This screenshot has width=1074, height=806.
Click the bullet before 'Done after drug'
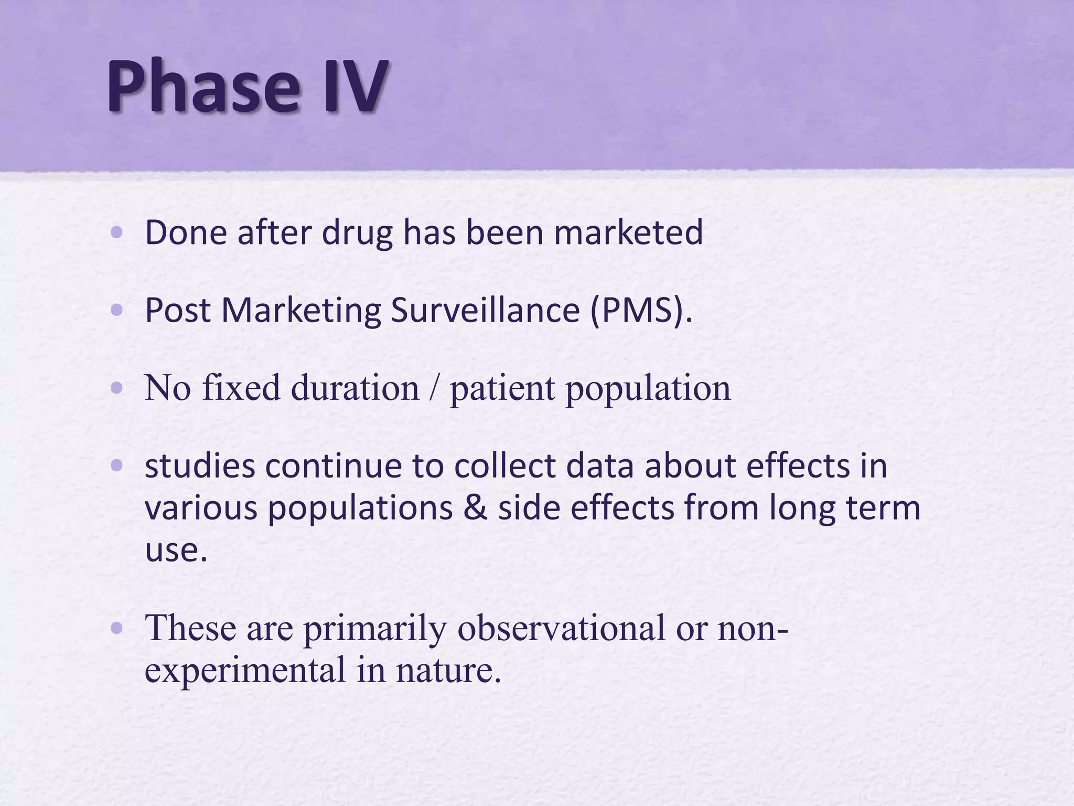click(x=117, y=232)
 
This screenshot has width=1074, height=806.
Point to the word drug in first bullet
click(x=357, y=234)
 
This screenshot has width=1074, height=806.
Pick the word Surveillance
click(x=485, y=310)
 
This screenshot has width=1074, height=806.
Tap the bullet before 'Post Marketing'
click(x=117, y=310)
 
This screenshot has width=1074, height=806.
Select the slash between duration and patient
click(x=434, y=389)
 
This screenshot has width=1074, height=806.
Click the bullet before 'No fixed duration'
click(x=117, y=388)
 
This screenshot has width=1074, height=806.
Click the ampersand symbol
click(x=475, y=508)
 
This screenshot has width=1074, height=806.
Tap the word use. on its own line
click(x=176, y=550)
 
